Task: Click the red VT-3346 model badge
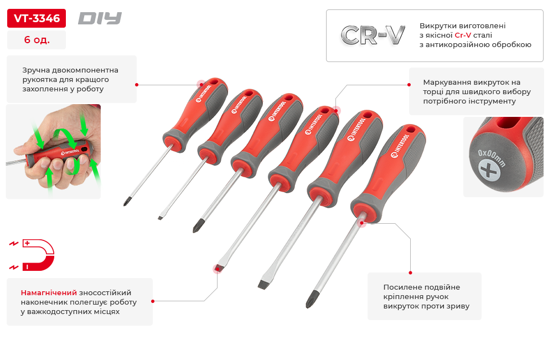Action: point(37,18)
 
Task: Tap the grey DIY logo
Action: point(100,18)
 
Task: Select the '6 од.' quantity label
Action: point(37,39)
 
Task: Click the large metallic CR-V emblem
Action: point(373,35)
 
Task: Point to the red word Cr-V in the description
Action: point(463,35)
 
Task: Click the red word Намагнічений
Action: point(49,292)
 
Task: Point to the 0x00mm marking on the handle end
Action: point(492,158)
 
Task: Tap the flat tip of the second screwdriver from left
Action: point(161,218)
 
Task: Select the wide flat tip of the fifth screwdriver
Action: point(264,285)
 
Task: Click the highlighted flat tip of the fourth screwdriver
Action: point(218,268)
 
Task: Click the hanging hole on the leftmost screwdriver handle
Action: point(214,81)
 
